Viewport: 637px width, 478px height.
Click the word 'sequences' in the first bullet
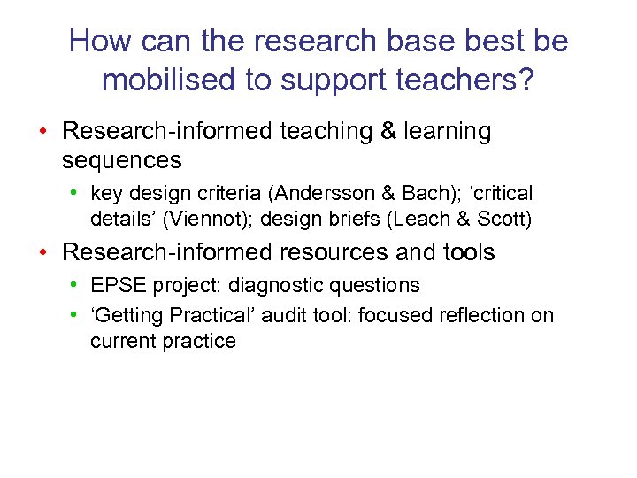pos(122,160)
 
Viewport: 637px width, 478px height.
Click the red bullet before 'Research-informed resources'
pos(43,252)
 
